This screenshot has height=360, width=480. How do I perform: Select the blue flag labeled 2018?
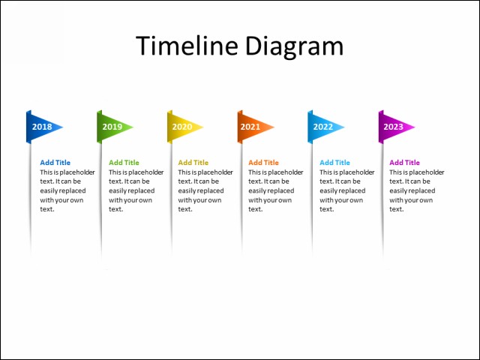(x=43, y=127)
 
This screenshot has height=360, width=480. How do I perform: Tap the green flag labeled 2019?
(x=112, y=127)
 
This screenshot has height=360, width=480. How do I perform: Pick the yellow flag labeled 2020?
(x=183, y=127)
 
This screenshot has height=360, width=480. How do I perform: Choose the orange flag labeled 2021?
(x=253, y=127)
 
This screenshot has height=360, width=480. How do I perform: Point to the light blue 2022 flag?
(x=323, y=127)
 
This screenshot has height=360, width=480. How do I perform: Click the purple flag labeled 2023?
(x=394, y=127)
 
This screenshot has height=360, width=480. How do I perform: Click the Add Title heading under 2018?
(x=55, y=163)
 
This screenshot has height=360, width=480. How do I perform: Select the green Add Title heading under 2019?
(x=124, y=163)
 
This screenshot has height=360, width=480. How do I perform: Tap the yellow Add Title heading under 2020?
(x=193, y=163)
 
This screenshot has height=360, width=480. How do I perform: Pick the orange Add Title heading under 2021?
(x=263, y=163)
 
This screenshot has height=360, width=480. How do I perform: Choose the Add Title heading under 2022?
(x=334, y=163)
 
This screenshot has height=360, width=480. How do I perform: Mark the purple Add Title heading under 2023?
(x=404, y=163)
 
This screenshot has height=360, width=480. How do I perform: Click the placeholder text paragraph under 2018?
(x=67, y=190)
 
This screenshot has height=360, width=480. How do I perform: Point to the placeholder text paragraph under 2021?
(x=275, y=190)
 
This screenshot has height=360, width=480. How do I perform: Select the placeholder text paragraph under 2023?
(x=416, y=190)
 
